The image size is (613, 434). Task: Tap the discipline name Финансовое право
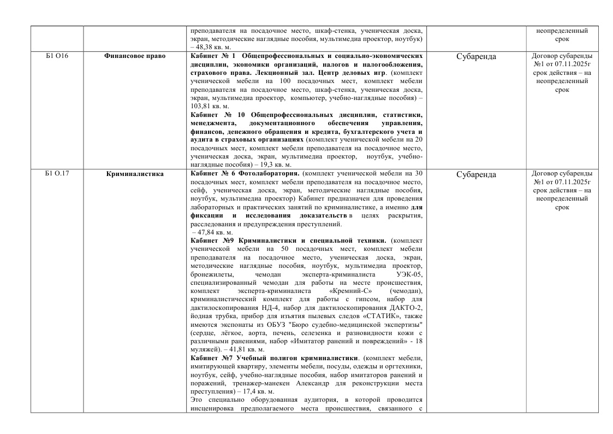pos(134,56)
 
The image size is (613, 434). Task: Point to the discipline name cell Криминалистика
pos(134,174)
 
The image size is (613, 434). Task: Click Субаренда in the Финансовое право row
pos(475,56)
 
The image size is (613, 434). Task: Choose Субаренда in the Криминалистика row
pos(475,174)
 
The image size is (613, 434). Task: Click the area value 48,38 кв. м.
pos(208,47)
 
